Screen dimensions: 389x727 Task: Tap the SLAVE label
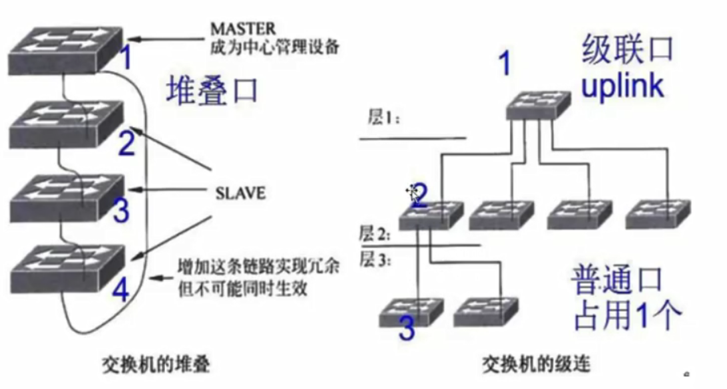tap(240, 194)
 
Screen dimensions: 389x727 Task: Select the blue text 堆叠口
tap(212, 90)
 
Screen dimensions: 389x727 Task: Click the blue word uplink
tap(622, 86)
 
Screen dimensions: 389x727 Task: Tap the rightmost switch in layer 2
tap(658, 213)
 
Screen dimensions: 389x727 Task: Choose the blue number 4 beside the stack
tap(120, 291)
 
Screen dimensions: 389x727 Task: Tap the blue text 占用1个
tap(619, 314)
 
